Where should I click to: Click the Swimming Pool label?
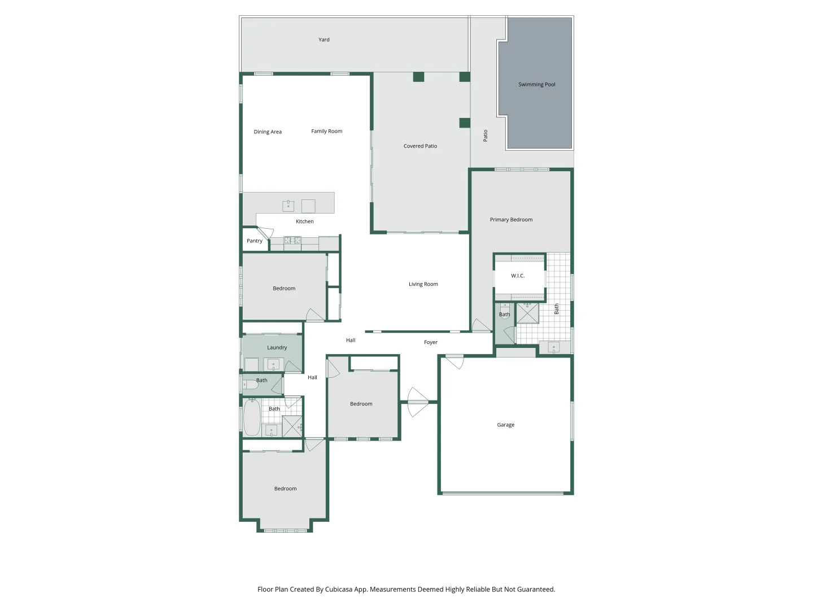[536, 85]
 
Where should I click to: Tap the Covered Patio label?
[420, 146]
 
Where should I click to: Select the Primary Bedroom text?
[511, 220]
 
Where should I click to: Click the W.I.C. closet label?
[517, 276]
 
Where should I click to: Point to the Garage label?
[505, 425]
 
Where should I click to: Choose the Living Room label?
[423, 284]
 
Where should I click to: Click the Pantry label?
[255, 241]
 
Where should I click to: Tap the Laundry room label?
[277, 347]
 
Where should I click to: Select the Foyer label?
[430, 342]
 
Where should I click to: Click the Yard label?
[324, 40]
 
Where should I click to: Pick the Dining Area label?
[268, 132]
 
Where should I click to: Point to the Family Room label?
[326, 131]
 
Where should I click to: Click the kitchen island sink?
[288, 206]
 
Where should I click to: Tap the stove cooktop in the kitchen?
[292, 241]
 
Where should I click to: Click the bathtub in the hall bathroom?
[252, 417]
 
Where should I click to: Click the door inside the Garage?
[454, 361]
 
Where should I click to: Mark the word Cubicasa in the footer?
[339, 589]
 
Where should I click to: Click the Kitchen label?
[304, 221]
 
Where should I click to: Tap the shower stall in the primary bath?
[527, 313]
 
